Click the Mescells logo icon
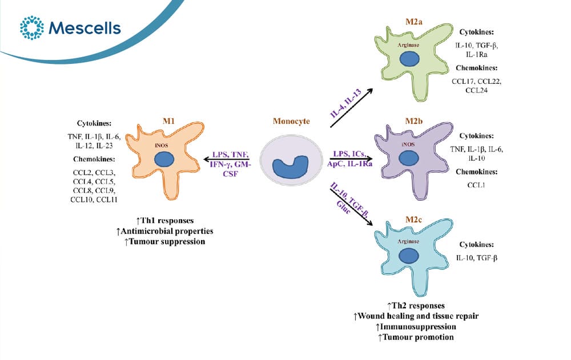pos(31,27)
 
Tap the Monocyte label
pos(291,121)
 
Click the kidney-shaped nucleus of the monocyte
pos(291,167)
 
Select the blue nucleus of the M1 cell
pos(164,159)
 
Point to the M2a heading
pos(413,22)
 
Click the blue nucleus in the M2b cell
pos(409,159)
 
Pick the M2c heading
pos(413,220)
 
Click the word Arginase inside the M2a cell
pos(408,45)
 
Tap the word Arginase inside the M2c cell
pos(408,241)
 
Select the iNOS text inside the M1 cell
pos(162,145)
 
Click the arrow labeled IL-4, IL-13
pos(351,108)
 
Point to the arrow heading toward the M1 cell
pos(226,159)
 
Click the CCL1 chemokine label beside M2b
pos(476,185)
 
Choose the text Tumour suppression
pos(164,242)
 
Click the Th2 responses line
pos(416,306)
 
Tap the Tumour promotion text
pos(416,337)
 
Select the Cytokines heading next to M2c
pos(476,245)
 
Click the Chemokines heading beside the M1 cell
pos(94,159)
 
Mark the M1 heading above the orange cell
pos(168,121)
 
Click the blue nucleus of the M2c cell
pos(409,256)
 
